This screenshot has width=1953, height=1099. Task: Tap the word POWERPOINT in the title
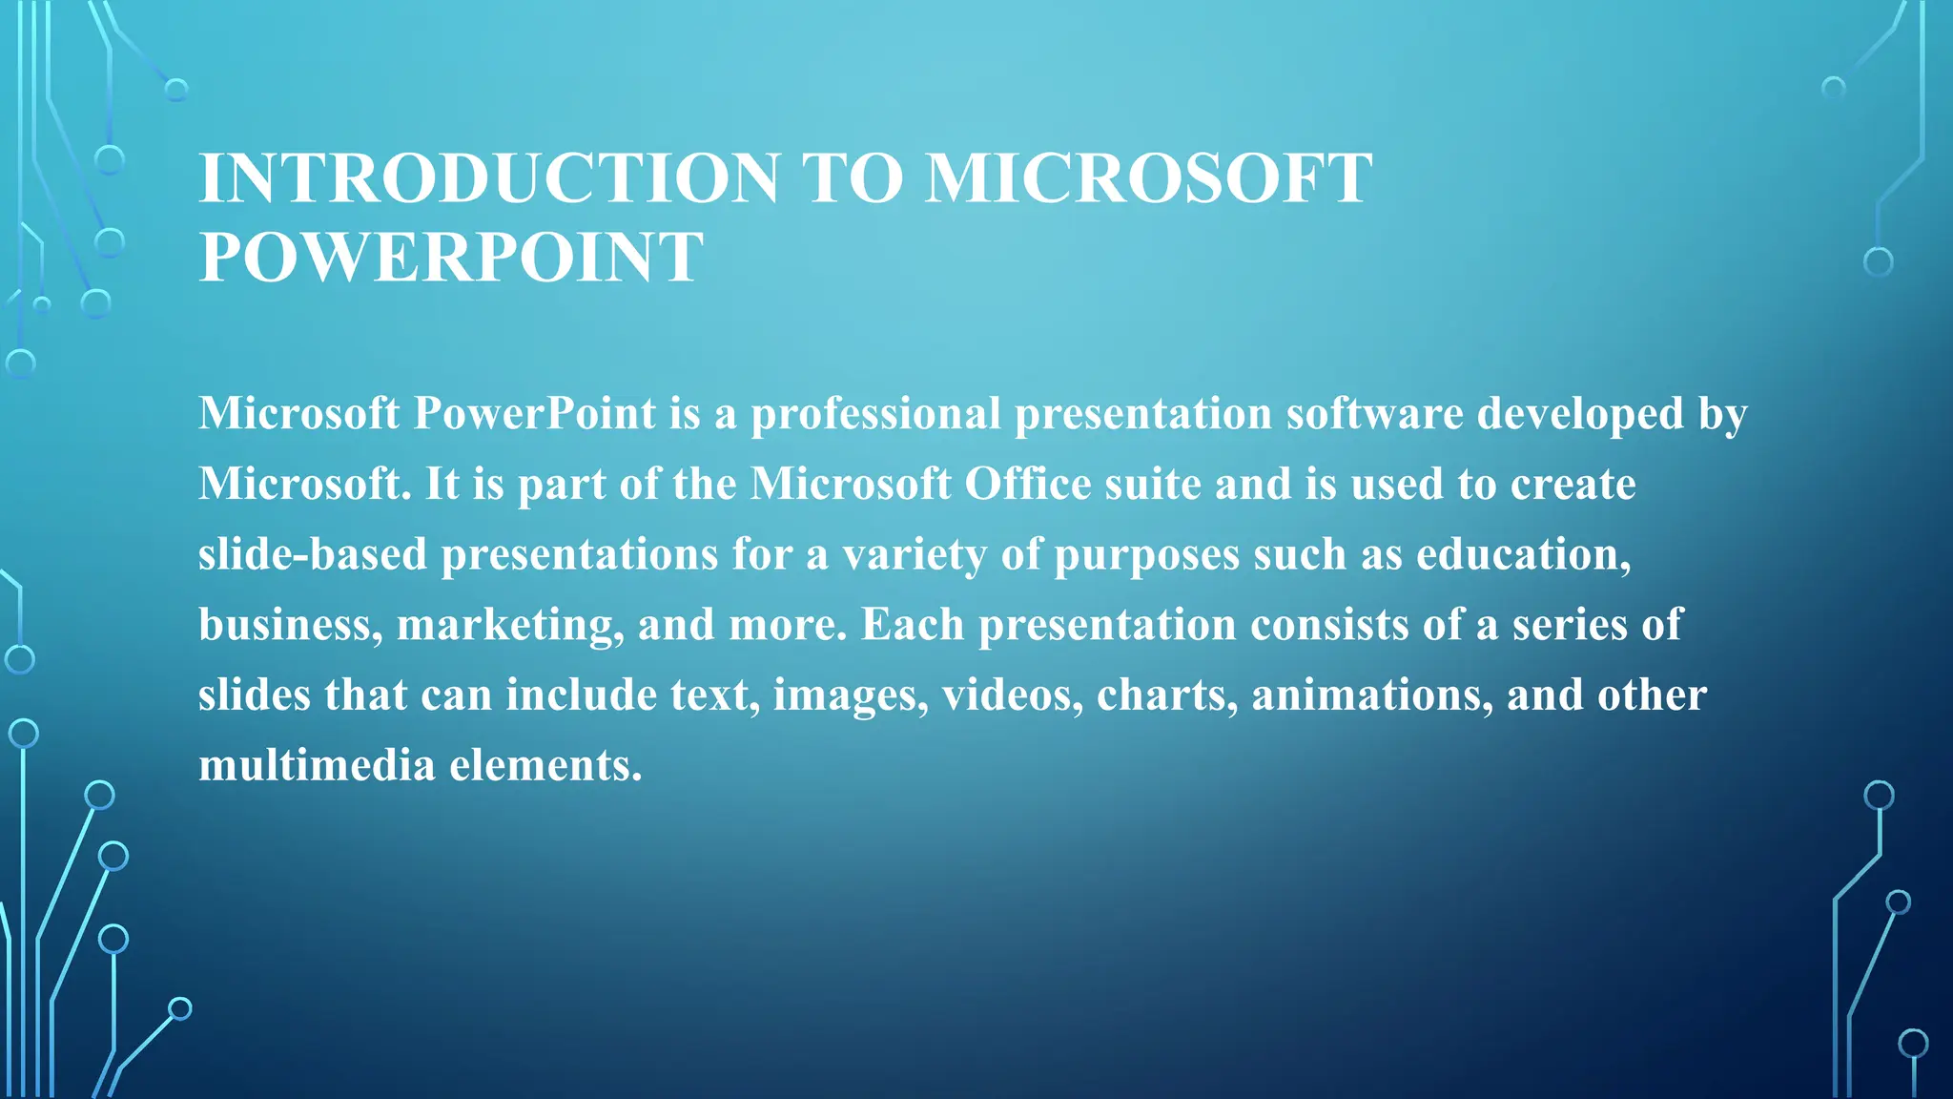451,258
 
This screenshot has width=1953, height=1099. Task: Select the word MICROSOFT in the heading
1148,178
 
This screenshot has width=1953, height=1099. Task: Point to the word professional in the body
875,414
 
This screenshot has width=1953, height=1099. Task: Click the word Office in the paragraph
1027,484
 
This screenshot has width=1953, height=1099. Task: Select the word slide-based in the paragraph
313,554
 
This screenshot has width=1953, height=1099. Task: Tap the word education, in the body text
1524,554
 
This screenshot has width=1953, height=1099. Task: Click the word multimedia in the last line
317,765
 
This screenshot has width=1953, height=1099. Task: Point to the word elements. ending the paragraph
545,765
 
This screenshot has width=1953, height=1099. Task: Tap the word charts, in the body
1167,695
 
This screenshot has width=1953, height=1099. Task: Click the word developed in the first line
1580,414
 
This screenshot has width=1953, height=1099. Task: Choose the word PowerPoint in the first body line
535,414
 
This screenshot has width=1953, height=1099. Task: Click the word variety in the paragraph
914,554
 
